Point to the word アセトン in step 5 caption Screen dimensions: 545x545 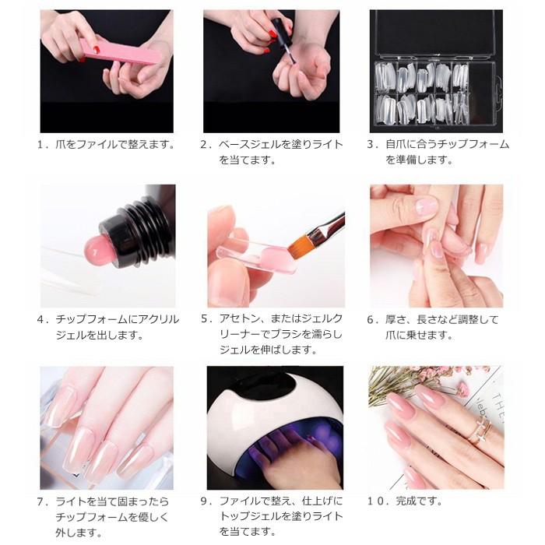pos(239,320)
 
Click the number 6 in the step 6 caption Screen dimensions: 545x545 pos(371,320)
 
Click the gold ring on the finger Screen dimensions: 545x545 pos(476,427)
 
